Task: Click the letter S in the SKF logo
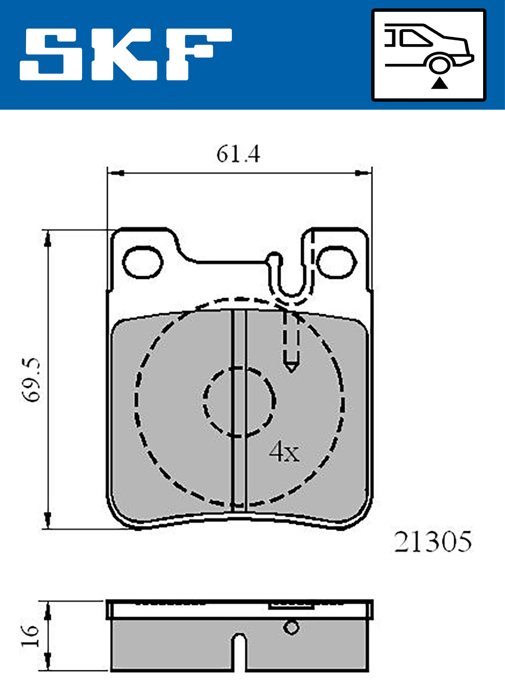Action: click(x=51, y=55)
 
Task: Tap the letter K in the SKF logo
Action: click(x=125, y=55)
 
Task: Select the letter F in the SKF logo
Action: click(x=199, y=55)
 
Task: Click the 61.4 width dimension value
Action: click(x=238, y=154)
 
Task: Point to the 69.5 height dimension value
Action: click(x=32, y=380)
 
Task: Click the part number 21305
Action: click(x=433, y=542)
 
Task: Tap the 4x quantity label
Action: click(x=284, y=452)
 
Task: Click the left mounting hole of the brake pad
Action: click(x=143, y=262)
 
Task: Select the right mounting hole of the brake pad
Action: click(x=337, y=262)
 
